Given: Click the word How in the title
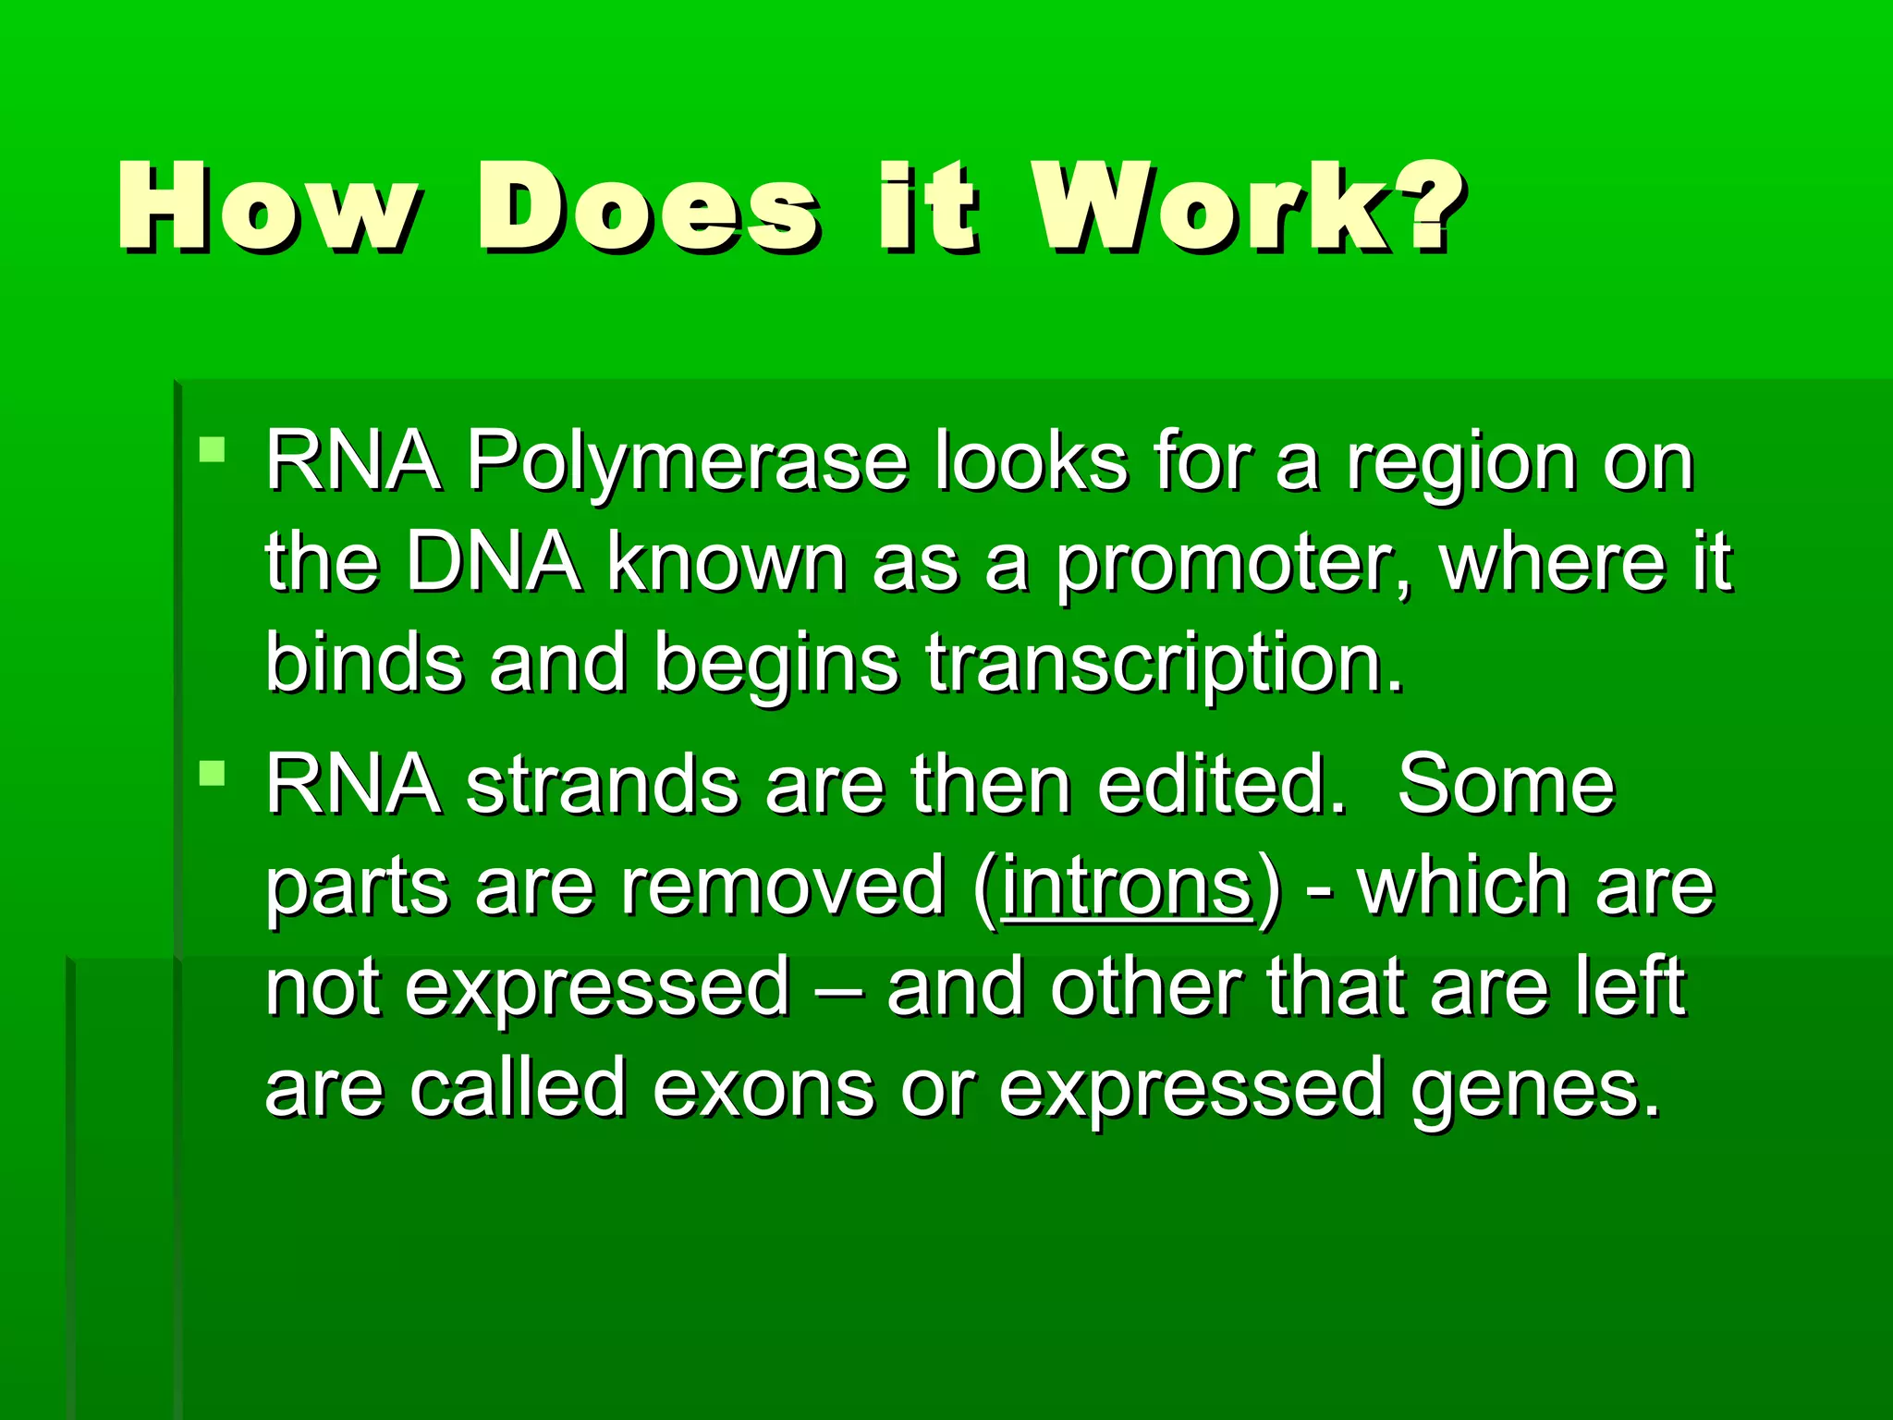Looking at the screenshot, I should coord(268,208).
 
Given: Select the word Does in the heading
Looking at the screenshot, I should coord(647,208).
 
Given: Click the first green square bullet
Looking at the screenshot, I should coord(213,450).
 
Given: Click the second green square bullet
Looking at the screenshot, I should coord(213,773).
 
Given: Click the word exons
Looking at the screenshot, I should coord(763,1089).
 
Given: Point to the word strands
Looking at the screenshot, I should coord(602,786).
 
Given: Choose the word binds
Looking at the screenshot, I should coord(364,664).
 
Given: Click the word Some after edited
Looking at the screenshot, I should coord(1506,786).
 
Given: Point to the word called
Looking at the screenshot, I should coord(518,1089).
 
